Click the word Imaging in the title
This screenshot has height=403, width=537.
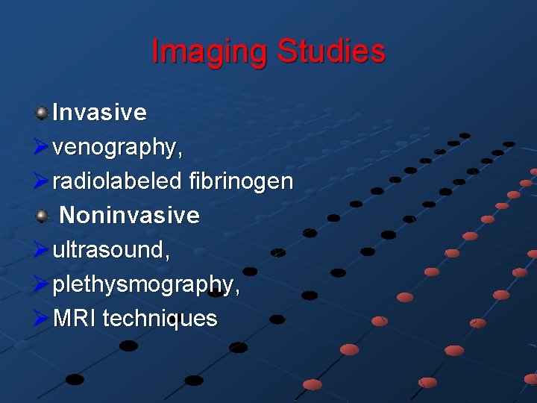coord(210,52)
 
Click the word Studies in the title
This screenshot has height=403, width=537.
coord(331,52)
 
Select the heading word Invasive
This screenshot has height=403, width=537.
coord(99,113)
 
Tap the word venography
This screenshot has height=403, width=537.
coord(115,149)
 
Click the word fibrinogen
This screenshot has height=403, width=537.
coord(242,181)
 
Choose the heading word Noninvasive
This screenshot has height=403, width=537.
coord(129,216)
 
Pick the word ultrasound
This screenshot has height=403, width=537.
coord(109,250)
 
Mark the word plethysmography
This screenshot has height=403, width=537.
coord(143,285)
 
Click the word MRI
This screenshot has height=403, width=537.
coord(75,319)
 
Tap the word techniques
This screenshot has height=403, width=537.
coord(160,319)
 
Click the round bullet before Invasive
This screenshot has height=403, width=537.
coord(43,113)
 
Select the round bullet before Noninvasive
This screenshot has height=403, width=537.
coord(43,216)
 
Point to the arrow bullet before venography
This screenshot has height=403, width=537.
coord(43,148)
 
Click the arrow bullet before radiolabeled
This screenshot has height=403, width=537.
coord(43,181)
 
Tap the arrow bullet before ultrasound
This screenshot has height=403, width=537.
coord(43,250)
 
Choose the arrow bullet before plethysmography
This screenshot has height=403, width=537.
coord(43,284)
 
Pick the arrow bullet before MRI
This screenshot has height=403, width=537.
coord(43,319)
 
